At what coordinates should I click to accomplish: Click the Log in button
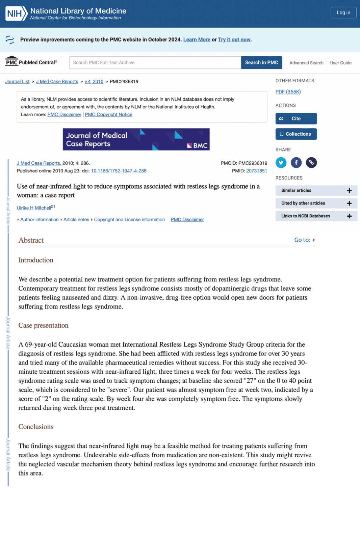tap(343, 12)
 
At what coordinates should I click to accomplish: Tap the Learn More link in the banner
tap(197, 39)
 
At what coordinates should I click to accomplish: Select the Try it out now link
tap(234, 39)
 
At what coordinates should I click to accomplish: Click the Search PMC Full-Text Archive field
tap(155, 62)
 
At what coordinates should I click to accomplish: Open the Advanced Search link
tap(306, 63)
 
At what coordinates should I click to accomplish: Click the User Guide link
tap(341, 63)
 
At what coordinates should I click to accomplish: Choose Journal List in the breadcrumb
tap(17, 82)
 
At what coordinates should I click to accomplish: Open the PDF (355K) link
tap(288, 92)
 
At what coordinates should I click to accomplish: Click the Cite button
tap(296, 118)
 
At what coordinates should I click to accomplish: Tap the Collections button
tap(296, 134)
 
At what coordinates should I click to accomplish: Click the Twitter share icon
tap(281, 163)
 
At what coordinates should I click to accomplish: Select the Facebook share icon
tap(296, 163)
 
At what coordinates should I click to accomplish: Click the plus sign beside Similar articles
tap(349, 191)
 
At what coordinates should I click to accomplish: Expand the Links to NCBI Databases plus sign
tap(349, 216)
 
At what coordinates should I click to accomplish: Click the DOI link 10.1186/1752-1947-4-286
tap(119, 171)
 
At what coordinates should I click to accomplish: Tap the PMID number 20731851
tap(257, 171)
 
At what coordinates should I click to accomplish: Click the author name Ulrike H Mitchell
tap(34, 208)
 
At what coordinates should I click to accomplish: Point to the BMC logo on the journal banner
tap(198, 145)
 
